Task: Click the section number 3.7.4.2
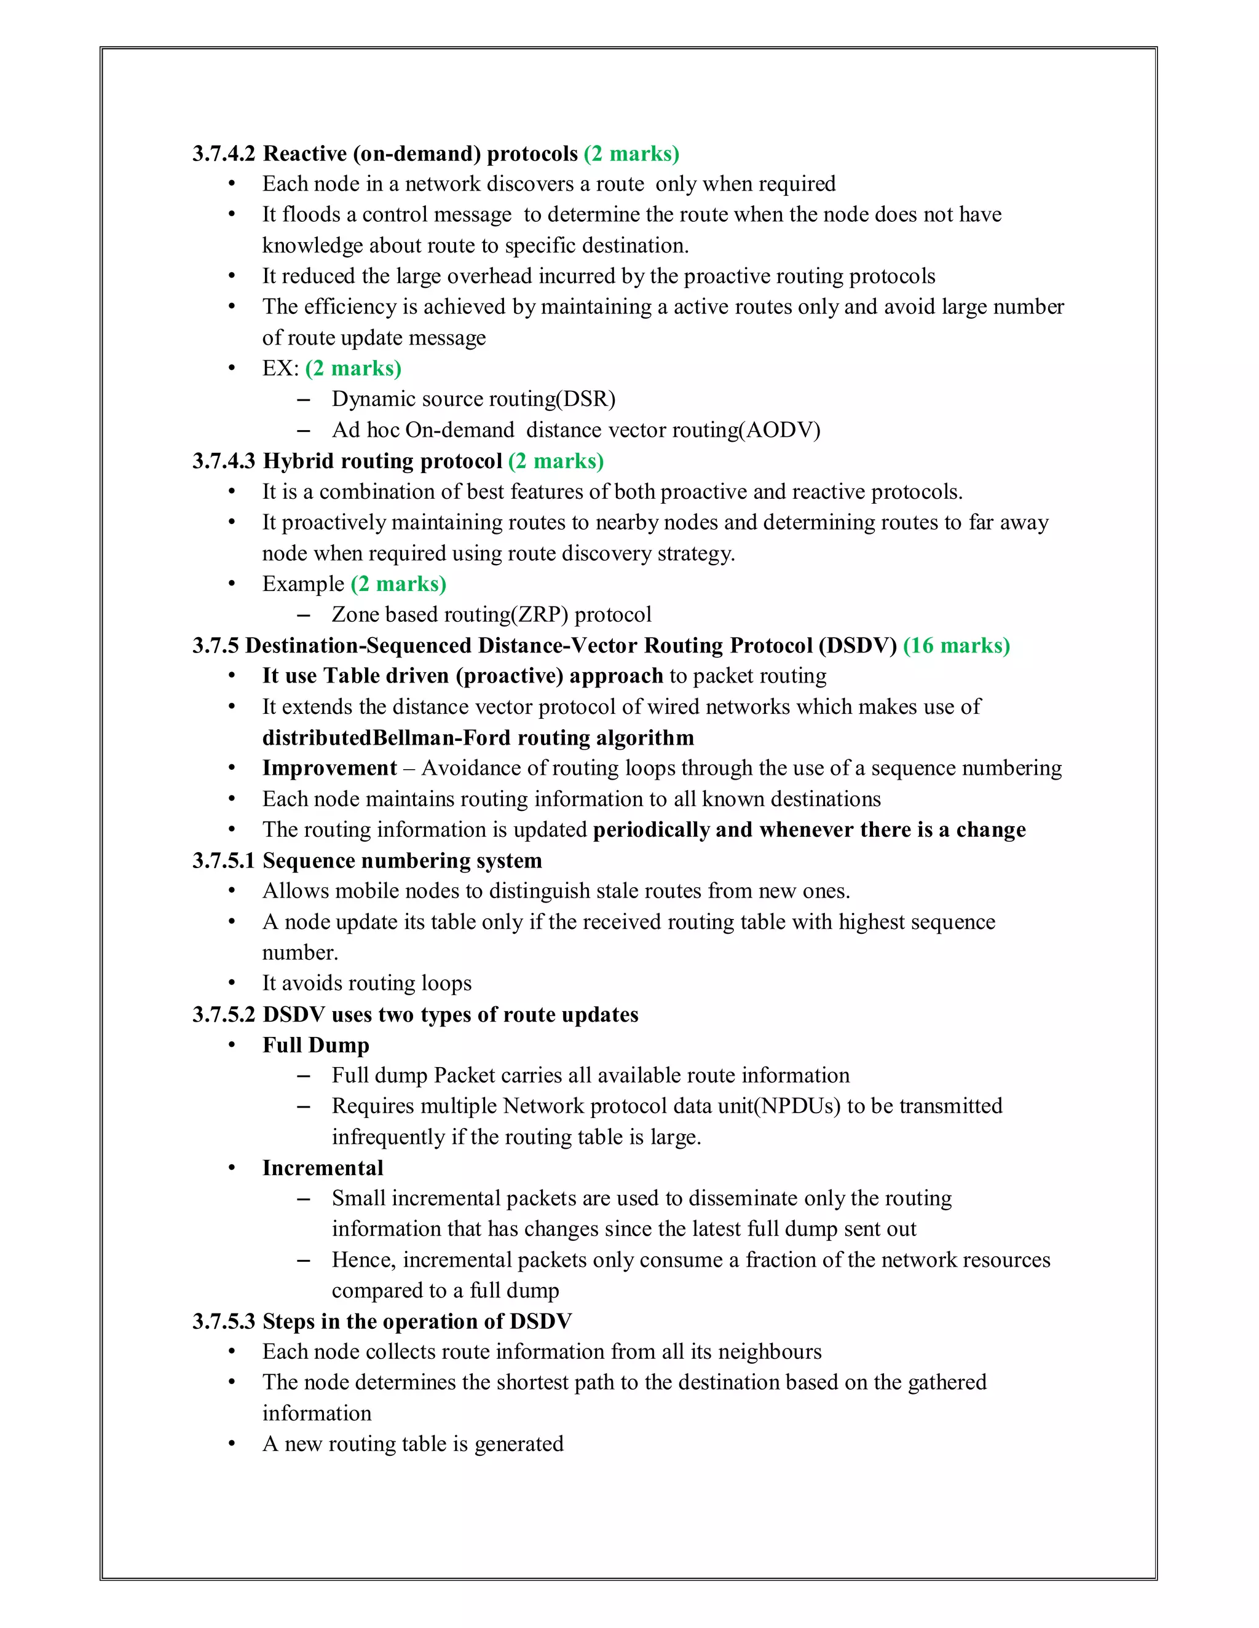(x=224, y=154)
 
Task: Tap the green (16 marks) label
(x=956, y=646)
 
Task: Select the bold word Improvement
(x=329, y=769)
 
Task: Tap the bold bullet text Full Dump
(x=315, y=1045)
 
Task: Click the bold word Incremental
(x=322, y=1168)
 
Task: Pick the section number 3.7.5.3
(x=224, y=1321)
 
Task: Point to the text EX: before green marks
(x=280, y=368)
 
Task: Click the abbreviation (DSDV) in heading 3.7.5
(x=857, y=646)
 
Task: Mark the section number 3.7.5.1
(x=224, y=861)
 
